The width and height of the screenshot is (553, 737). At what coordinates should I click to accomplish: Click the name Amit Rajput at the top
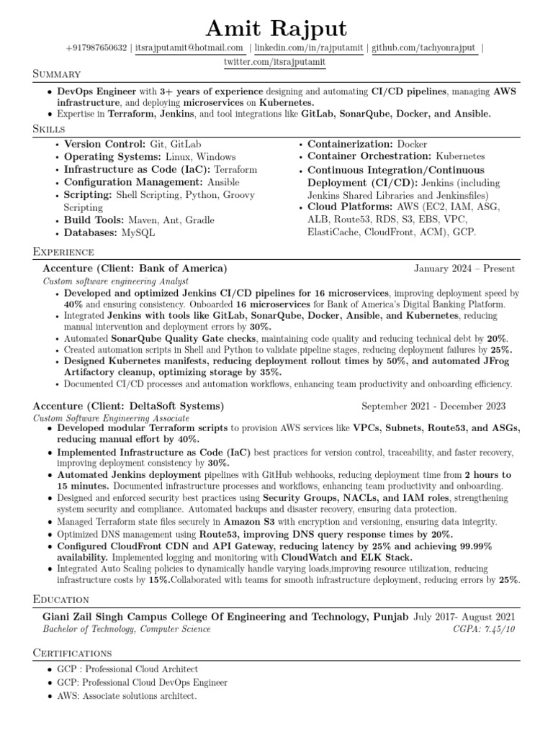[x=276, y=28]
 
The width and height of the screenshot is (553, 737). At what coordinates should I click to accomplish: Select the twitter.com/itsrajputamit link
[x=275, y=63]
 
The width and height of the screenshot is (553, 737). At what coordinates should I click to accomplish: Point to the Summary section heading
[x=57, y=74]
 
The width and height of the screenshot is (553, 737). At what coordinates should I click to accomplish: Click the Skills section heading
[x=49, y=128]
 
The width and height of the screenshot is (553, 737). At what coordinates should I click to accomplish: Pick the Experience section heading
[x=63, y=251]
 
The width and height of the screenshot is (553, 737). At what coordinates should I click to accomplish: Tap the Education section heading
[x=61, y=599]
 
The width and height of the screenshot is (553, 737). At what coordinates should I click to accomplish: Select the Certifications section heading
[x=73, y=653]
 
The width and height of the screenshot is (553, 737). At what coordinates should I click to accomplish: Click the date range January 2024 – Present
[x=464, y=268]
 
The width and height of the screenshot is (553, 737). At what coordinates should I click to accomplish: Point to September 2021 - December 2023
[x=433, y=405]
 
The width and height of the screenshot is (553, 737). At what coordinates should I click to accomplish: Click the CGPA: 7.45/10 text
[x=484, y=629]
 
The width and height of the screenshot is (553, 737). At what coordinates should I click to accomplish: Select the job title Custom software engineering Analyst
[x=116, y=281]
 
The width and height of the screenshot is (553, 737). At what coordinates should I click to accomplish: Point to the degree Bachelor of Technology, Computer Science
[x=127, y=629]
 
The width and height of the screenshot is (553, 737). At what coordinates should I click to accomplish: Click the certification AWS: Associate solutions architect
[x=127, y=696]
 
